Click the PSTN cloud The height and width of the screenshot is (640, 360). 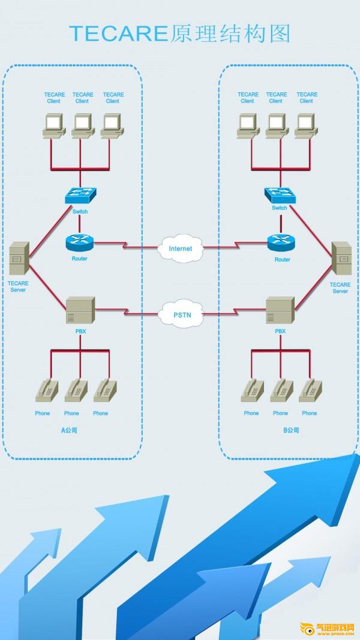point(181,313)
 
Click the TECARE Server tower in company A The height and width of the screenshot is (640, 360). point(19,259)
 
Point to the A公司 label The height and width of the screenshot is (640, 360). point(70,430)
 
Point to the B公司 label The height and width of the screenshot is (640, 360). point(290,430)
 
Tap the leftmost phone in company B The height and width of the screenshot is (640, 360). point(251,390)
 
